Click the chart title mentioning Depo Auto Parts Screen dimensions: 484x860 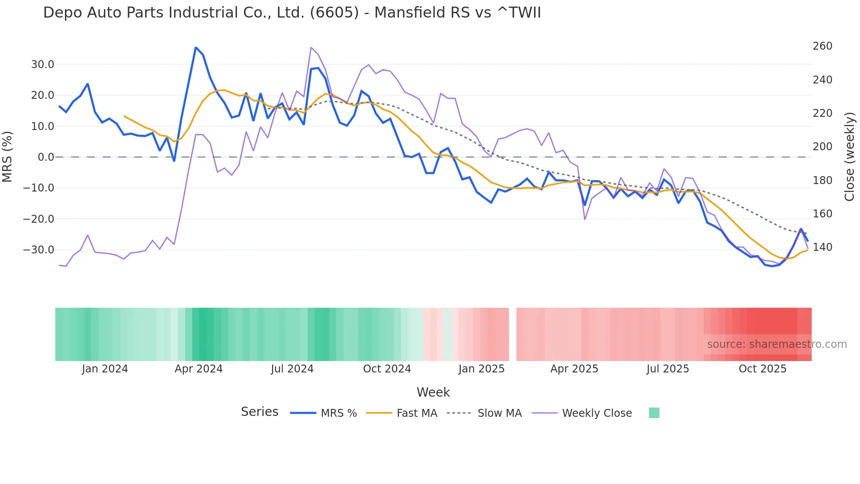pyautogui.click(x=292, y=13)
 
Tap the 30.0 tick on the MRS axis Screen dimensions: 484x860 pyautogui.click(x=43, y=65)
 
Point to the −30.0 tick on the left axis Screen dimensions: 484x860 pyautogui.click(x=39, y=250)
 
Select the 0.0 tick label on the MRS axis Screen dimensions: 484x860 pyautogui.click(x=46, y=157)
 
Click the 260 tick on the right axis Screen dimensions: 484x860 pyautogui.click(x=822, y=46)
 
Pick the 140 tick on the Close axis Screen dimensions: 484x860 pyautogui.click(x=822, y=247)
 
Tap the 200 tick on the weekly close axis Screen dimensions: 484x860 pyautogui.click(x=822, y=147)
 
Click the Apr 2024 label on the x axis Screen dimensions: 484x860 pyautogui.click(x=198, y=369)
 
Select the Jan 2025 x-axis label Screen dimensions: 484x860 pyautogui.click(x=481, y=369)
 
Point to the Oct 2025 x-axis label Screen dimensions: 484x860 pyautogui.click(x=762, y=369)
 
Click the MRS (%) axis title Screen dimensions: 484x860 pyautogui.click(x=7, y=157)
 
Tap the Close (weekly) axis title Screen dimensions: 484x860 pyautogui.click(x=849, y=157)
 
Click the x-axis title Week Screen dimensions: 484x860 pyautogui.click(x=433, y=392)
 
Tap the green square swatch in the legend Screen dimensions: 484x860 pyautogui.click(x=654, y=413)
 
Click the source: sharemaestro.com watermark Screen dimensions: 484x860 pyautogui.click(x=777, y=344)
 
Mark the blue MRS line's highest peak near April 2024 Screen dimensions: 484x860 pyautogui.click(x=196, y=47)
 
